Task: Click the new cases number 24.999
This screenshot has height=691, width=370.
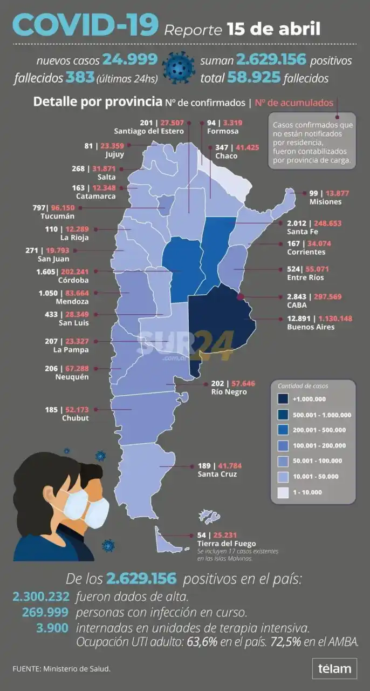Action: tap(130, 59)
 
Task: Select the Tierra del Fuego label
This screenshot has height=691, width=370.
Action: tap(227, 543)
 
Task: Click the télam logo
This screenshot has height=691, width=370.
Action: tap(334, 669)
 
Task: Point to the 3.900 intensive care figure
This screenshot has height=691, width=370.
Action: tap(53, 628)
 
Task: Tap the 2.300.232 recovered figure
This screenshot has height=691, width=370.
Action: tap(41, 597)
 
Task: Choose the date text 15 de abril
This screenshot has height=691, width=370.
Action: tap(273, 28)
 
